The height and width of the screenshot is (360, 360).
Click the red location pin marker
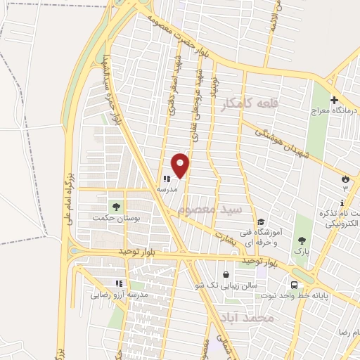pyautogui.click(x=181, y=165)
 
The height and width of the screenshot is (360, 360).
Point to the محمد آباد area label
pyautogui.click(x=245, y=318)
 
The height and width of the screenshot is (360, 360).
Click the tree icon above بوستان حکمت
pyautogui.click(x=116, y=207)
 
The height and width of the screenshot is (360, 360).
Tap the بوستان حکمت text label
pyautogui.click(x=116, y=219)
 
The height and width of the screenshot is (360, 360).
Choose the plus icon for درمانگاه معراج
pyautogui.click(x=334, y=100)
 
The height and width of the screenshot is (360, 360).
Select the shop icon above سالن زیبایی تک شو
pyautogui.click(x=225, y=275)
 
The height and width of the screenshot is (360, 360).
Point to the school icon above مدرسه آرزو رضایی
pyautogui.click(x=119, y=283)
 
